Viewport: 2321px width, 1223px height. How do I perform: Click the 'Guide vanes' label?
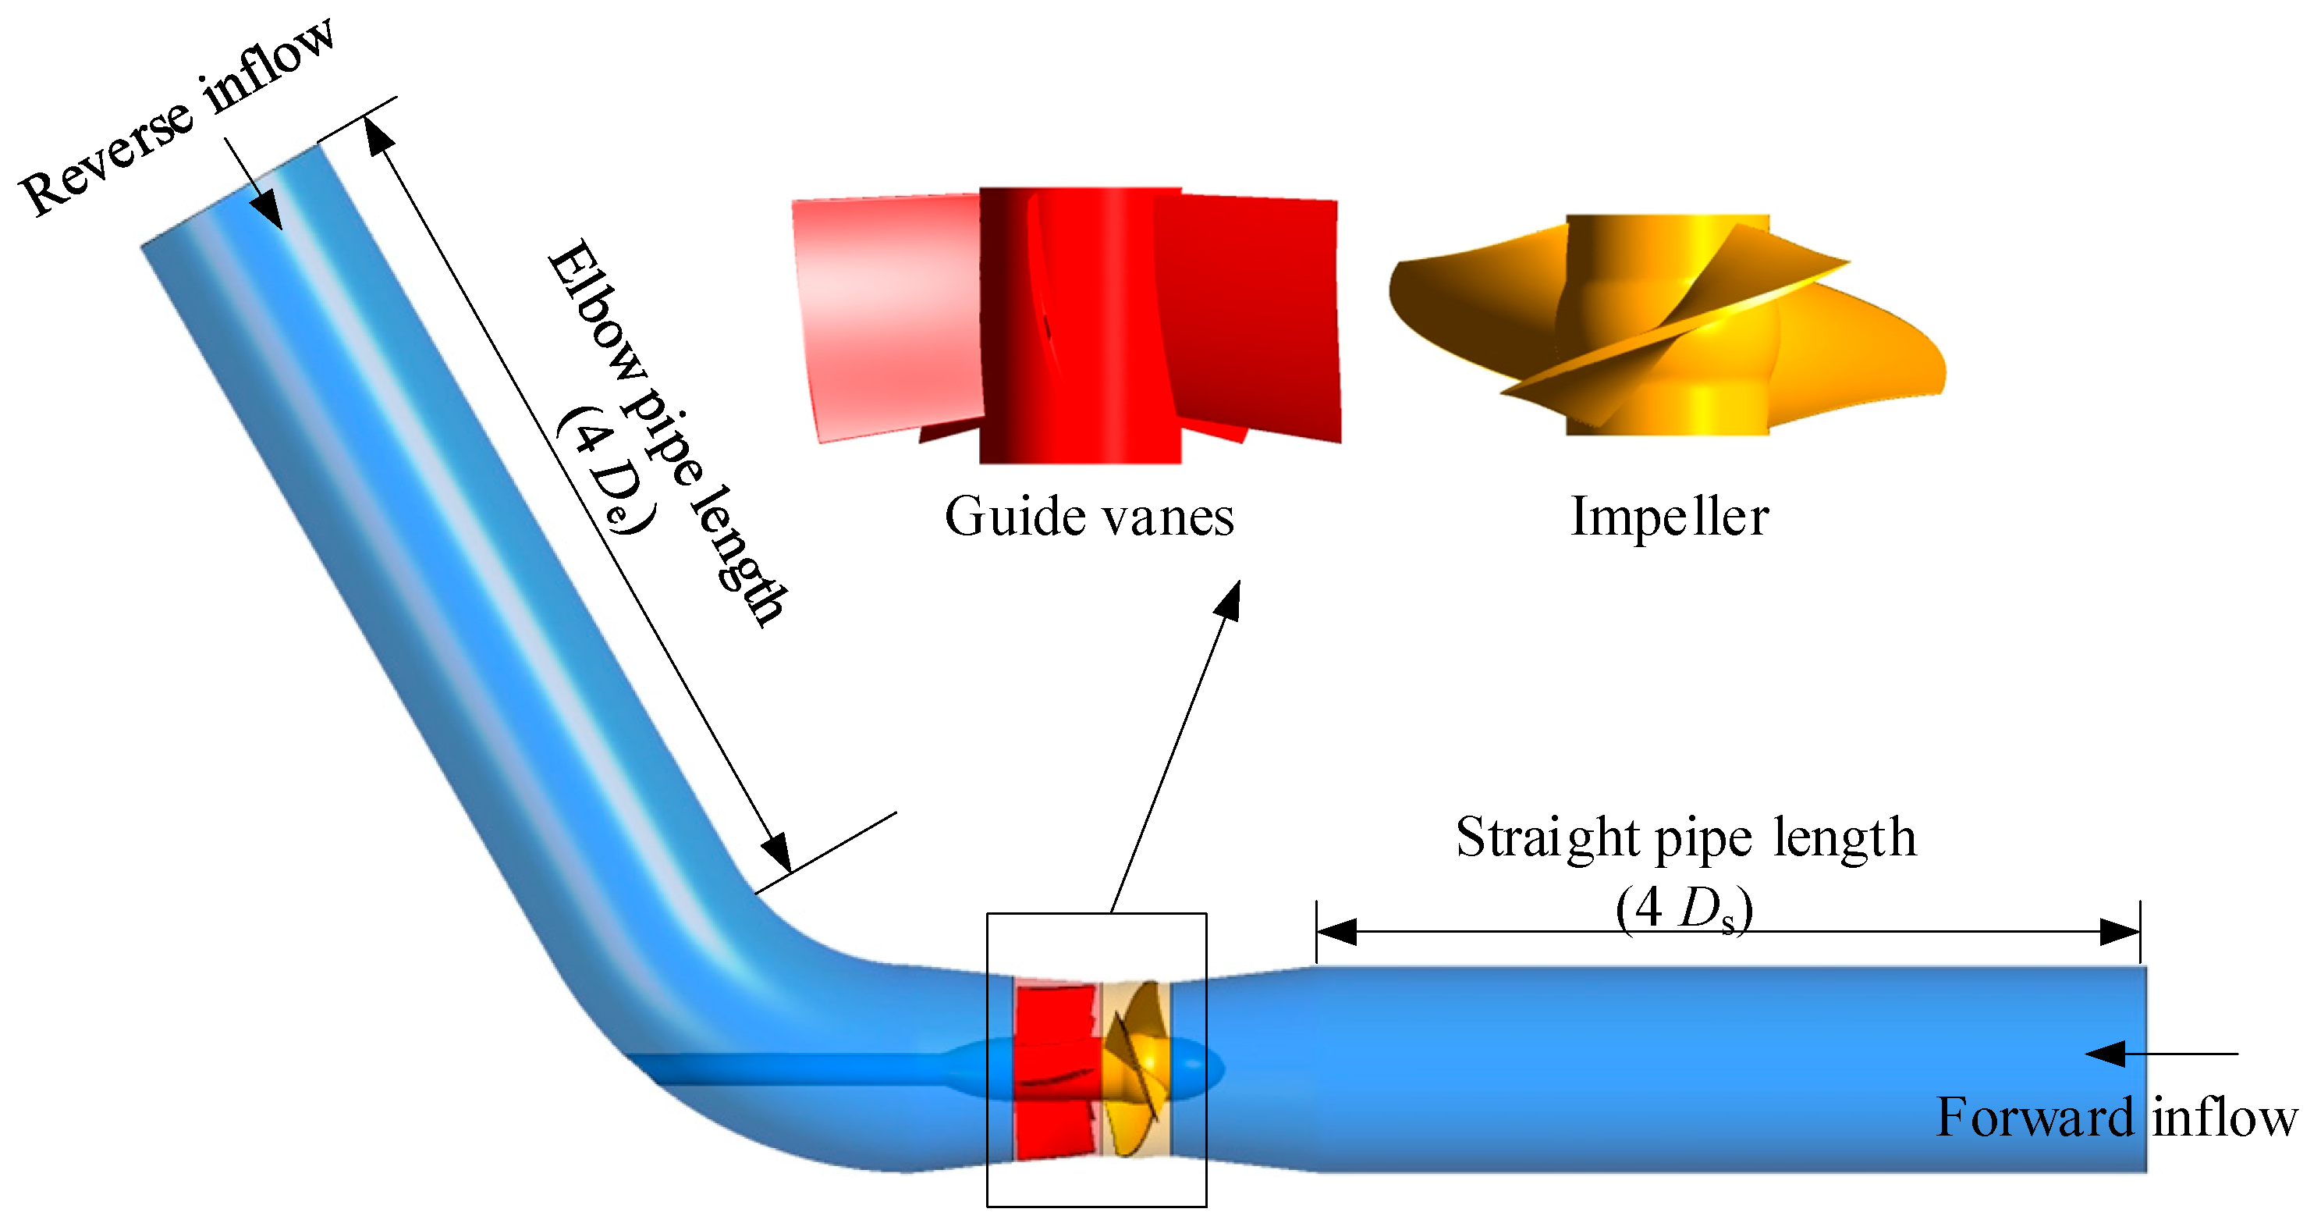point(1088,517)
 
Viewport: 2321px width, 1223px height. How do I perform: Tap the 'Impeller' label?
point(1669,517)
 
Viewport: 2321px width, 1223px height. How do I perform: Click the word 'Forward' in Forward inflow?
point(2035,1118)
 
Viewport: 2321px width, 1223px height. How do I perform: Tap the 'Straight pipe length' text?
point(1685,837)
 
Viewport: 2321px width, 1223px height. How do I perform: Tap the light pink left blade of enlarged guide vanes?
point(888,315)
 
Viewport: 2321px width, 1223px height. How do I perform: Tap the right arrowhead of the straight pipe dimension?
point(2119,932)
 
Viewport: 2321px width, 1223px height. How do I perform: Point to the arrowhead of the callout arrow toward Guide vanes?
point(1230,600)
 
